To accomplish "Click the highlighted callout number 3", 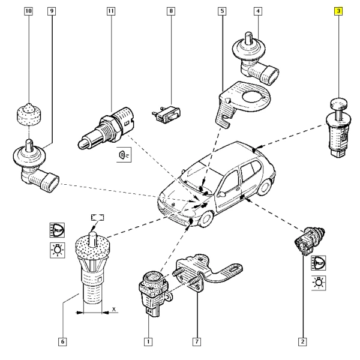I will tap(339, 11).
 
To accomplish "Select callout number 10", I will tap(28, 11).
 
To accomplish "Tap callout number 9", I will tap(51, 11).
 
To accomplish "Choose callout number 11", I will tap(110, 11).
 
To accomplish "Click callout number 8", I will tap(172, 11).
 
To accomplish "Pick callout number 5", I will tap(223, 11).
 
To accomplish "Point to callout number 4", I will tap(257, 11).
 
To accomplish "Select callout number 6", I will tap(62, 342).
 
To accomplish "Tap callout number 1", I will tap(148, 342).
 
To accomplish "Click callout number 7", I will tap(196, 342).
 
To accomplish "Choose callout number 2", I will tap(303, 342).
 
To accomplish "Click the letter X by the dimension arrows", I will tap(113, 311).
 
